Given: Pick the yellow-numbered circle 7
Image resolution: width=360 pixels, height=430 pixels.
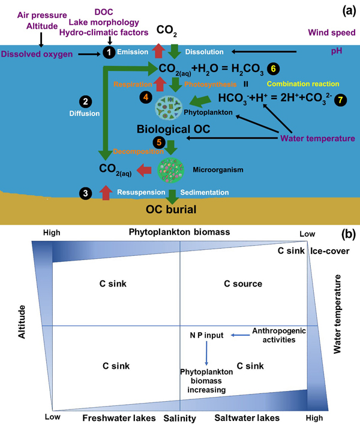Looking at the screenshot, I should pyautogui.click(x=342, y=100).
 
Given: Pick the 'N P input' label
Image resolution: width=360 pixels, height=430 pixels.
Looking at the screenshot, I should pyautogui.click(x=207, y=335).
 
